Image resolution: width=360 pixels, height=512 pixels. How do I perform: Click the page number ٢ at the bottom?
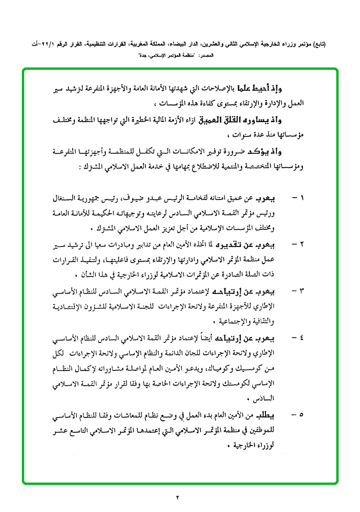[x=178, y=498]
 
